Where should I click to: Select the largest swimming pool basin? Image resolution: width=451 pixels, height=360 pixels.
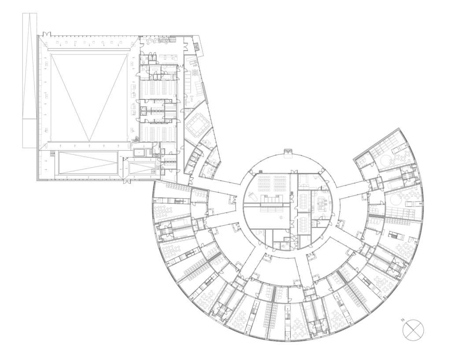(x=89, y=98)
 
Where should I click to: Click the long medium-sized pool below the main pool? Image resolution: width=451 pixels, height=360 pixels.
(x=88, y=163)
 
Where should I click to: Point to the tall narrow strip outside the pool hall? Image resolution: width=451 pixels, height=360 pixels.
(x=30, y=80)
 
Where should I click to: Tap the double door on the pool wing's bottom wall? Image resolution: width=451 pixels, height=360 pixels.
(x=127, y=182)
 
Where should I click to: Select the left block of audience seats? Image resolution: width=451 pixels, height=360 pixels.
(x=264, y=184)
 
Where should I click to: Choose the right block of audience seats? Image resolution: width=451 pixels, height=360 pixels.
(x=281, y=184)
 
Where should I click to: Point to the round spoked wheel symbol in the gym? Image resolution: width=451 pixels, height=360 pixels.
(x=195, y=72)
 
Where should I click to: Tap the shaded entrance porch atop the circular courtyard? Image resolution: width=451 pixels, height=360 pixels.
(x=288, y=152)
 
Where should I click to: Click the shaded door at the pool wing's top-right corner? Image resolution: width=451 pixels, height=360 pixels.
(x=197, y=46)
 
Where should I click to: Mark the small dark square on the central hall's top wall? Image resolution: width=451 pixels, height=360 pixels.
(x=261, y=172)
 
